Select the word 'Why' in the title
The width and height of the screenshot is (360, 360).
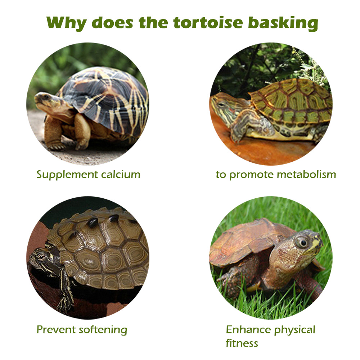point(67,23)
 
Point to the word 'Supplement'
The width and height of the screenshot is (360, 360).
point(67,175)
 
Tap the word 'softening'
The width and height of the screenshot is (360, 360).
point(103,330)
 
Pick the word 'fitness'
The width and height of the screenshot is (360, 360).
point(242,343)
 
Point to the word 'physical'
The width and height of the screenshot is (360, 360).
point(295,330)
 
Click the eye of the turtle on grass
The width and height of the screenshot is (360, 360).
point(302,242)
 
